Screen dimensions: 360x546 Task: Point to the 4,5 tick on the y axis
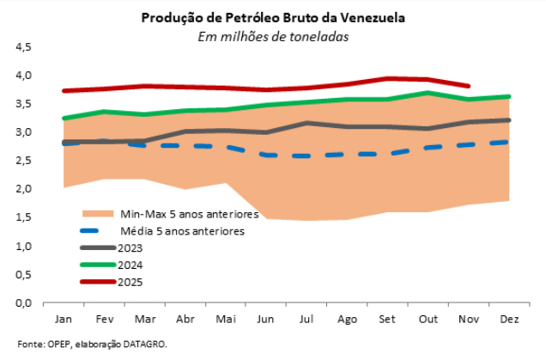pos(24,47)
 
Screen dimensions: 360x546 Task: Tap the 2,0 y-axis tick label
pos(24,189)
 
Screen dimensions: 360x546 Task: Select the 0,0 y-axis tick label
pos(24,303)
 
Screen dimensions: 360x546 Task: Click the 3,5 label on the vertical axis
pos(24,104)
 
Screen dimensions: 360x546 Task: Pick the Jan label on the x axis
pos(63,319)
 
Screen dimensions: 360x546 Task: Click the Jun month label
pos(266,319)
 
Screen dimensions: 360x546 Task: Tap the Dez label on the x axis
pos(510,319)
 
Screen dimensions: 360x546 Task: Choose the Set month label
pos(388,319)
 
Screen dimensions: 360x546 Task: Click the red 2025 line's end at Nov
pos(469,86)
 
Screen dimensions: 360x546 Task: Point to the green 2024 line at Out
pos(428,93)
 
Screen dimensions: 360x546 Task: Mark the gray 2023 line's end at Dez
pos(509,120)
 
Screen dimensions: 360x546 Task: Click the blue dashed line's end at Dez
pos(509,142)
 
